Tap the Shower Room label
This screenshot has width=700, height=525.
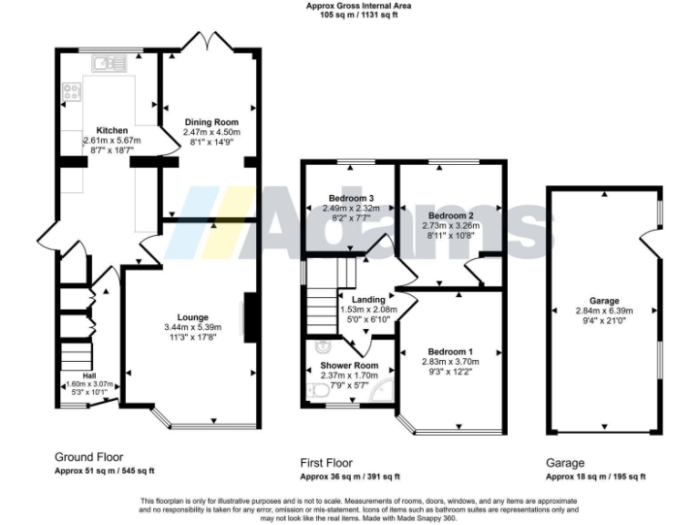[x=342, y=365]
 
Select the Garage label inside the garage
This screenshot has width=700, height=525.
[x=603, y=300]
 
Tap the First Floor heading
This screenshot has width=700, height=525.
[x=326, y=462]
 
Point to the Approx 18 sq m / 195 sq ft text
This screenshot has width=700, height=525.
[x=595, y=476]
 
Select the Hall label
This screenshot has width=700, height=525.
[x=89, y=376]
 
